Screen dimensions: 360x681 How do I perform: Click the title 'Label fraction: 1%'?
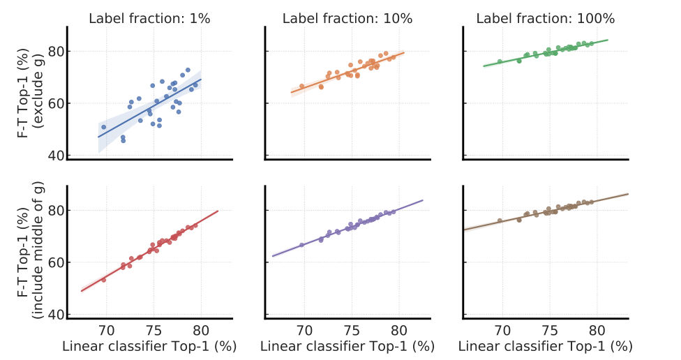tap(149, 19)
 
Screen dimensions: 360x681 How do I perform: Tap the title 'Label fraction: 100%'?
tap(545, 19)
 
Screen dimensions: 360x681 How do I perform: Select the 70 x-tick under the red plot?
tap(107, 331)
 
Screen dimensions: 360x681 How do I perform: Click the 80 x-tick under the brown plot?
tap(597, 331)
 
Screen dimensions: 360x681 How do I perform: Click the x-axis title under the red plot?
tap(149, 347)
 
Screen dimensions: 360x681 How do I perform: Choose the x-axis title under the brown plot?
tap(545, 347)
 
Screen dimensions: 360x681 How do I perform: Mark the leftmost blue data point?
tap(104, 127)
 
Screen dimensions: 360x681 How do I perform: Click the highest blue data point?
tap(188, 70)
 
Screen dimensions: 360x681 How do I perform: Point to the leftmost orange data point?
tap(302, 87)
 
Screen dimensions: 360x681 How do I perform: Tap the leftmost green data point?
tap(500, 61)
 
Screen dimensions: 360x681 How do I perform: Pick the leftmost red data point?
tap(104, 280)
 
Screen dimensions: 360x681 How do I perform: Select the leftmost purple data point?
tap(302, 245)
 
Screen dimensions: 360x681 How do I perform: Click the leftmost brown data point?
tap(500, 220)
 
